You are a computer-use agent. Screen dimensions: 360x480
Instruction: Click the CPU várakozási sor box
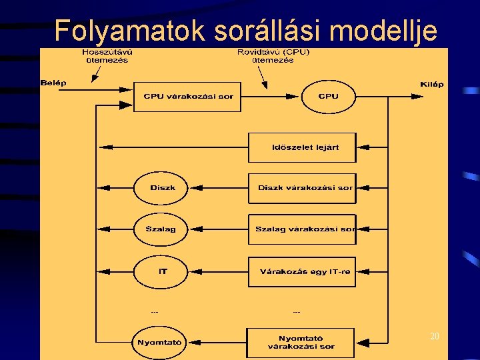tap(188, 97)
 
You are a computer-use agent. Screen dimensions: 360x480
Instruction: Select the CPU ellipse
tap(329, 97)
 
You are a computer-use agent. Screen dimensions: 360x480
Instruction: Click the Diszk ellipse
tap(161, 188)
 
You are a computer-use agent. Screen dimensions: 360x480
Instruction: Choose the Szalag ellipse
tap(161, 229)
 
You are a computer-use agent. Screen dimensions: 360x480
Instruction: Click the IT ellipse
tap(161, 271)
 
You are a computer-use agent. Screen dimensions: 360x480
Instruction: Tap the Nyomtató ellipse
tap(160, 343)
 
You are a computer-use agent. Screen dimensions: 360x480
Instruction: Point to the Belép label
tap(53, 83)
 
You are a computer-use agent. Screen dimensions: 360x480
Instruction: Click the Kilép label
tap(432, 85)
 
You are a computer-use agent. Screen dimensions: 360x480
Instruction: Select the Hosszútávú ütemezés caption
tap(105, 56)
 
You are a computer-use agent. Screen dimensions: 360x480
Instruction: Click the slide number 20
tap(435, 337)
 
